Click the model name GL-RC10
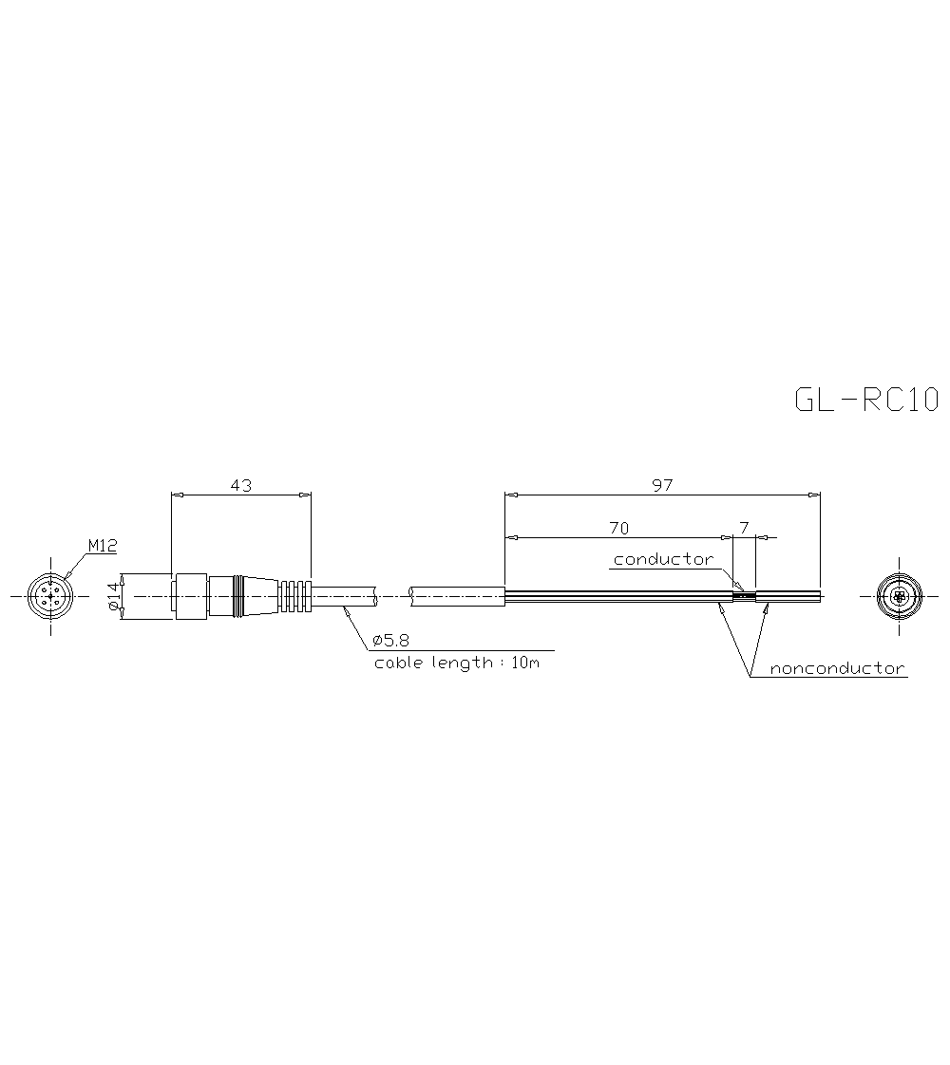[x=865, y=400]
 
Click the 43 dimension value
[x=241, y=485]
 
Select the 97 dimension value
[x=662, y=485]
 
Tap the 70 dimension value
[x=617, y=528]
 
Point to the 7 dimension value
[x=744, y=528]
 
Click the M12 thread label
[x=102, y=546]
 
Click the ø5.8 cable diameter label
[x=391, y=642]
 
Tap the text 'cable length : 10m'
[x=456, y=663]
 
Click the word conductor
[x=662, y=559]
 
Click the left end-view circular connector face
[x=50, y=596]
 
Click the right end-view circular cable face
[x=899, y=596]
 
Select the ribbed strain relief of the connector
[x=295, y=596]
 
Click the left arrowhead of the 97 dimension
[x=510, y=495]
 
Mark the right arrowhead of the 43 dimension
[x=305, y=495]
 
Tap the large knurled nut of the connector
[x=190, y=596]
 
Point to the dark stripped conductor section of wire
[x=744, y=596]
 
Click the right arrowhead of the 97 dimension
[x=813, y=495]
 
